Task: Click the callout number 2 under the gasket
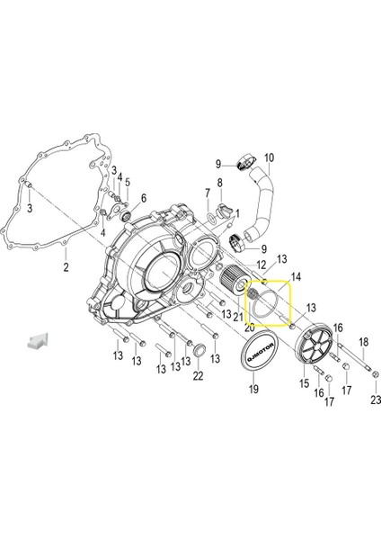pyautogui.click(x=66, y=267)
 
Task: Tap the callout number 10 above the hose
pyautogui.click(x=270, y=158)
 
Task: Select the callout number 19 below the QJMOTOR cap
pyautogui.click(x=253, y=389)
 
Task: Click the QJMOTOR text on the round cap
pyautogui.click(x=261, y=352)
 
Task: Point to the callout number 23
pyautogui.click(x=376, y=400)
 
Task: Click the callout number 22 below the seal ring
pyautogui.click(x=198, y=376)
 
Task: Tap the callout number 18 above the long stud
pyautogui.click(x=363, y=342)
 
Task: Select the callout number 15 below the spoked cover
pyautogui.click(x=305, y=383)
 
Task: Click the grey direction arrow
pyautogui.click(x=38, y=341)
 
